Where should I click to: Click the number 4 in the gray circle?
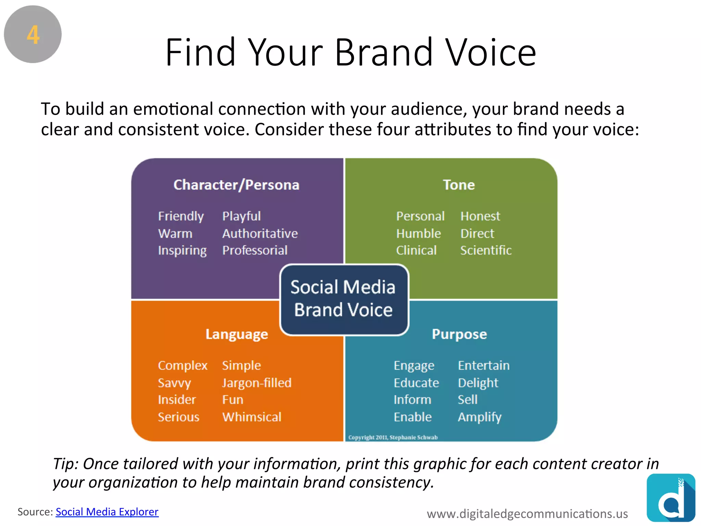tap(33, 35)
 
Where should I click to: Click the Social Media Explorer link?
tap(107, 512)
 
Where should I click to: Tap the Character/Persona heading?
tap(236, 185)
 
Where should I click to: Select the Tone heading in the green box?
tap(459, 185)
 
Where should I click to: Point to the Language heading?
tap(237, 334)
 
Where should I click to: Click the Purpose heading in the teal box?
tap(459, 334)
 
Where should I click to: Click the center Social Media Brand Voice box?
tap(344, 299)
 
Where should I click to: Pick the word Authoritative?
tap(260, 234)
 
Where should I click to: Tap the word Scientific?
tap(486, 250)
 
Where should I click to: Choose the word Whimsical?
tap(252, 417)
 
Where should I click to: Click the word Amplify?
tap(479, 417)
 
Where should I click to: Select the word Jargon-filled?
tap(257, 383)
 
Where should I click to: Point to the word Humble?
tap(418, 234)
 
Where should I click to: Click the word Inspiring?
tap(182, 251)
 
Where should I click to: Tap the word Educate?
tap(416, 383)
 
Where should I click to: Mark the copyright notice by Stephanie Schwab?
tap(393, 437)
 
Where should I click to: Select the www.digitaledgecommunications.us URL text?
tap(527, 514)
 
